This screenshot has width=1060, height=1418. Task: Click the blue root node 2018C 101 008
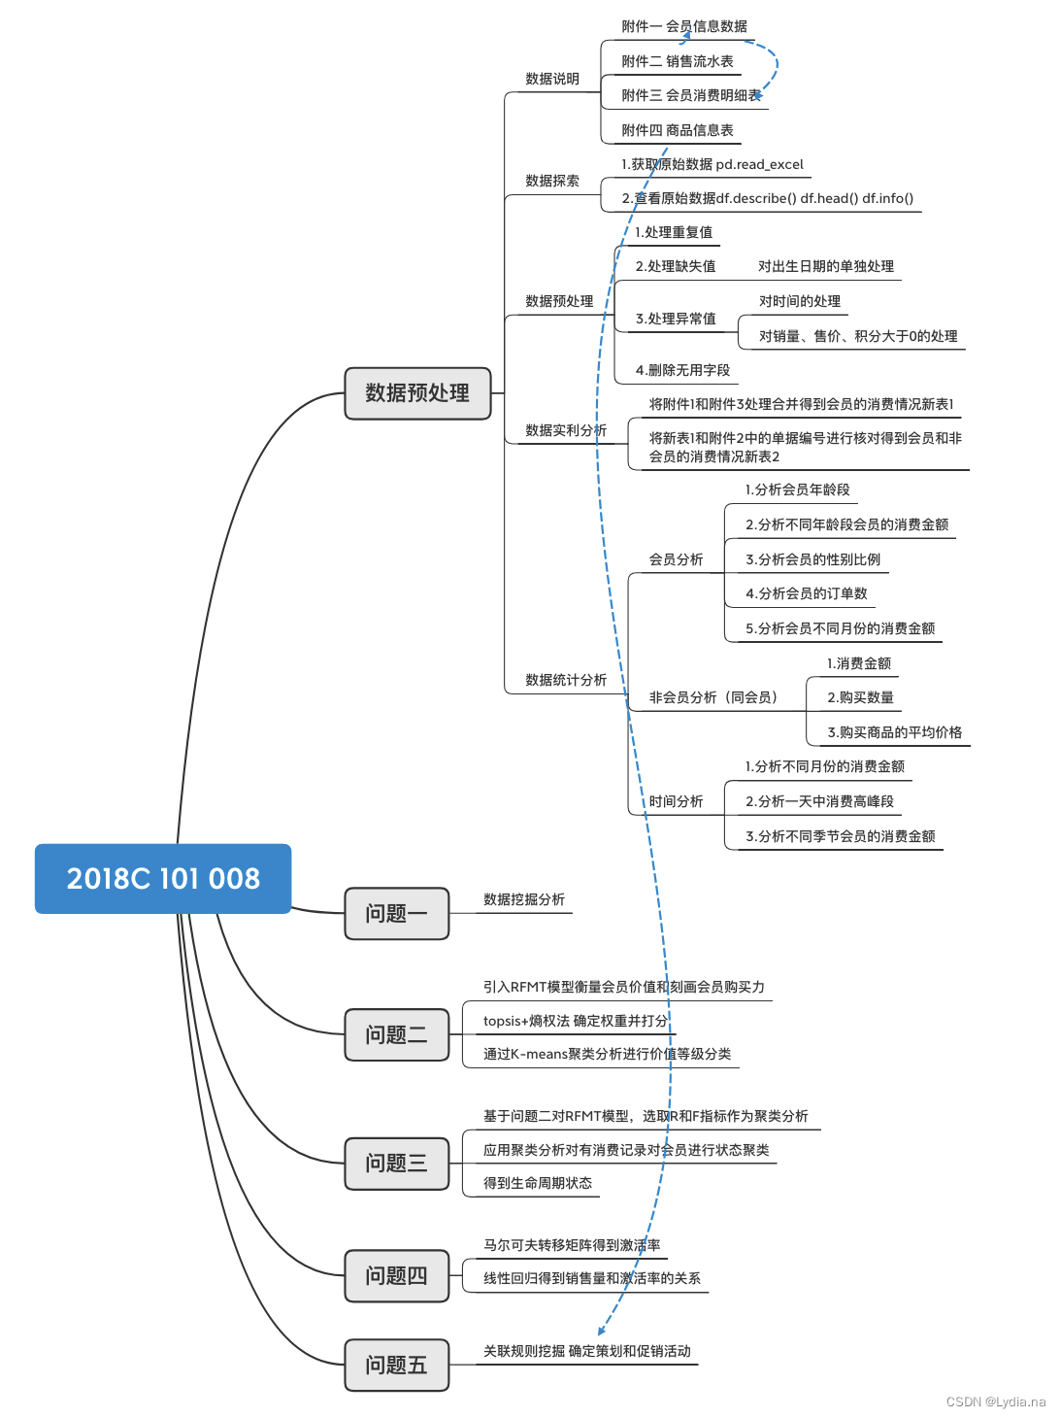[x=163, y=879]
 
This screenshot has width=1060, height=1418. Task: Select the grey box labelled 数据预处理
[x=417, y=393]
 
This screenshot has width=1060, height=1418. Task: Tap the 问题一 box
[x=396, y=914]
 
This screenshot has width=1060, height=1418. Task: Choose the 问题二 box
[x=396, y=1035]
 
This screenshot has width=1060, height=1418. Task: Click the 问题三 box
[x=396, y=1164]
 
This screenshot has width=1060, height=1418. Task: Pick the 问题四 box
[x=396, y=1276]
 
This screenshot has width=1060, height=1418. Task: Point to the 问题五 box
[x=396, y=1366]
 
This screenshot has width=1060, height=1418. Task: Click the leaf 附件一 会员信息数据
[x=684, y=26]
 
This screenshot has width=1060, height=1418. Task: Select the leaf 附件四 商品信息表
[x=678, y=130]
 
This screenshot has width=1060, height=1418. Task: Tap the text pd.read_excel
[x=760, y=164]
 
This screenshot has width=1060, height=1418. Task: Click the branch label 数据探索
[x=552, y=181]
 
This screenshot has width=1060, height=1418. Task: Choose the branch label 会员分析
[x=676, y=559]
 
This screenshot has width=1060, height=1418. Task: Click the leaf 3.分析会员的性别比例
[x=812, y=559]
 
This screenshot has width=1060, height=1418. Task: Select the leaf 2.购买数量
[x=860, y=697]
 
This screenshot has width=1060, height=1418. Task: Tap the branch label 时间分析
[x=676, y=801]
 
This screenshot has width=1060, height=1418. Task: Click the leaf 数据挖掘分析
[x=524, y=899]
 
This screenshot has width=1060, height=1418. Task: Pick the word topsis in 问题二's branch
[x=503, y=1021]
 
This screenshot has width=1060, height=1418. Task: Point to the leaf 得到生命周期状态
[x=538, y=1183]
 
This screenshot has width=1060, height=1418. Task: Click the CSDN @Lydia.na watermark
[x=995, y=1401]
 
